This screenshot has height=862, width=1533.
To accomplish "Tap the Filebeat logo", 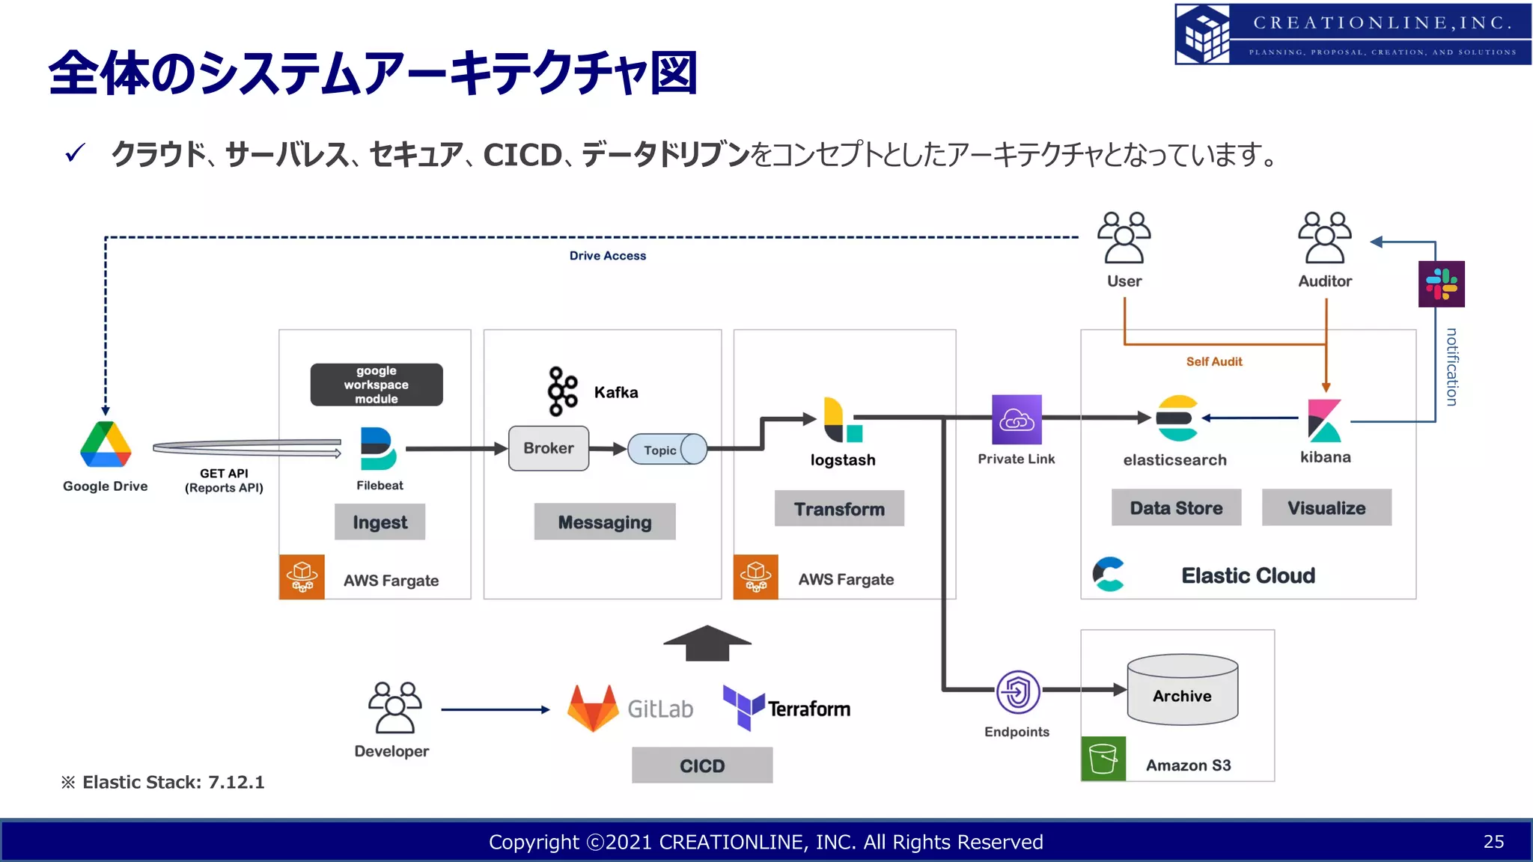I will pyautogui.click(x=378, y=448).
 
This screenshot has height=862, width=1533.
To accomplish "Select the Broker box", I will pyautogui.click(x=549, y=448).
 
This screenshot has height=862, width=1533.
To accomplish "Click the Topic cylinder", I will pyautogui.click(x=667, y=450).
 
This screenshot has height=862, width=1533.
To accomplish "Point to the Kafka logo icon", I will pyautogui.click(x=562, y=391).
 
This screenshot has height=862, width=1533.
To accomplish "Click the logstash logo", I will pyautogui.click(x=842, y=421).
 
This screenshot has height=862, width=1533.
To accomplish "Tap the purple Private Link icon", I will pyautogui.click(x=1017, y=420).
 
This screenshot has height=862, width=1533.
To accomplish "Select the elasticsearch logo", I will pyautogui.click(x=1177, y=418).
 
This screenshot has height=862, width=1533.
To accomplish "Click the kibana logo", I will pyautogui.click(x=1324, y=421).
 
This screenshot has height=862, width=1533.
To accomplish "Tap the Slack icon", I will pyautogui.click(x=1441, y=284).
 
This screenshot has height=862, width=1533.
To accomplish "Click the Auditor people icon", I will pyautogui.click(x=1325, y=238).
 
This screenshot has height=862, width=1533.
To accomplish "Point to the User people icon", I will pyautogui.click(x=1124, y=238).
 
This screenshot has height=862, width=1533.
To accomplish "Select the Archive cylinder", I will pyautogui.click(x=1182, y=690).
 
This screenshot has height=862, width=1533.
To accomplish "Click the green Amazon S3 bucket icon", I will pyautogui.click(x=1103, y=759).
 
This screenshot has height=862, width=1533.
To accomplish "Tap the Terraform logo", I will pyautogui.click(x=743, y=706).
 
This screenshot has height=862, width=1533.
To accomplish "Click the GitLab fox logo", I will pyautogui.click(x=593, y=708).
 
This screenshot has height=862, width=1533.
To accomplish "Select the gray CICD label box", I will pyautogui.click(x=702, y=765).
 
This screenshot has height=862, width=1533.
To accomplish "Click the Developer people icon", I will pyautogui.click(x=394, y=708).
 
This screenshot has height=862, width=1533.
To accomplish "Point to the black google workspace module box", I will pyautogui.click(x=377, y=385).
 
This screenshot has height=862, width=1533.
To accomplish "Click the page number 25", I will pyautogui.click(x=1493, y=842).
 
